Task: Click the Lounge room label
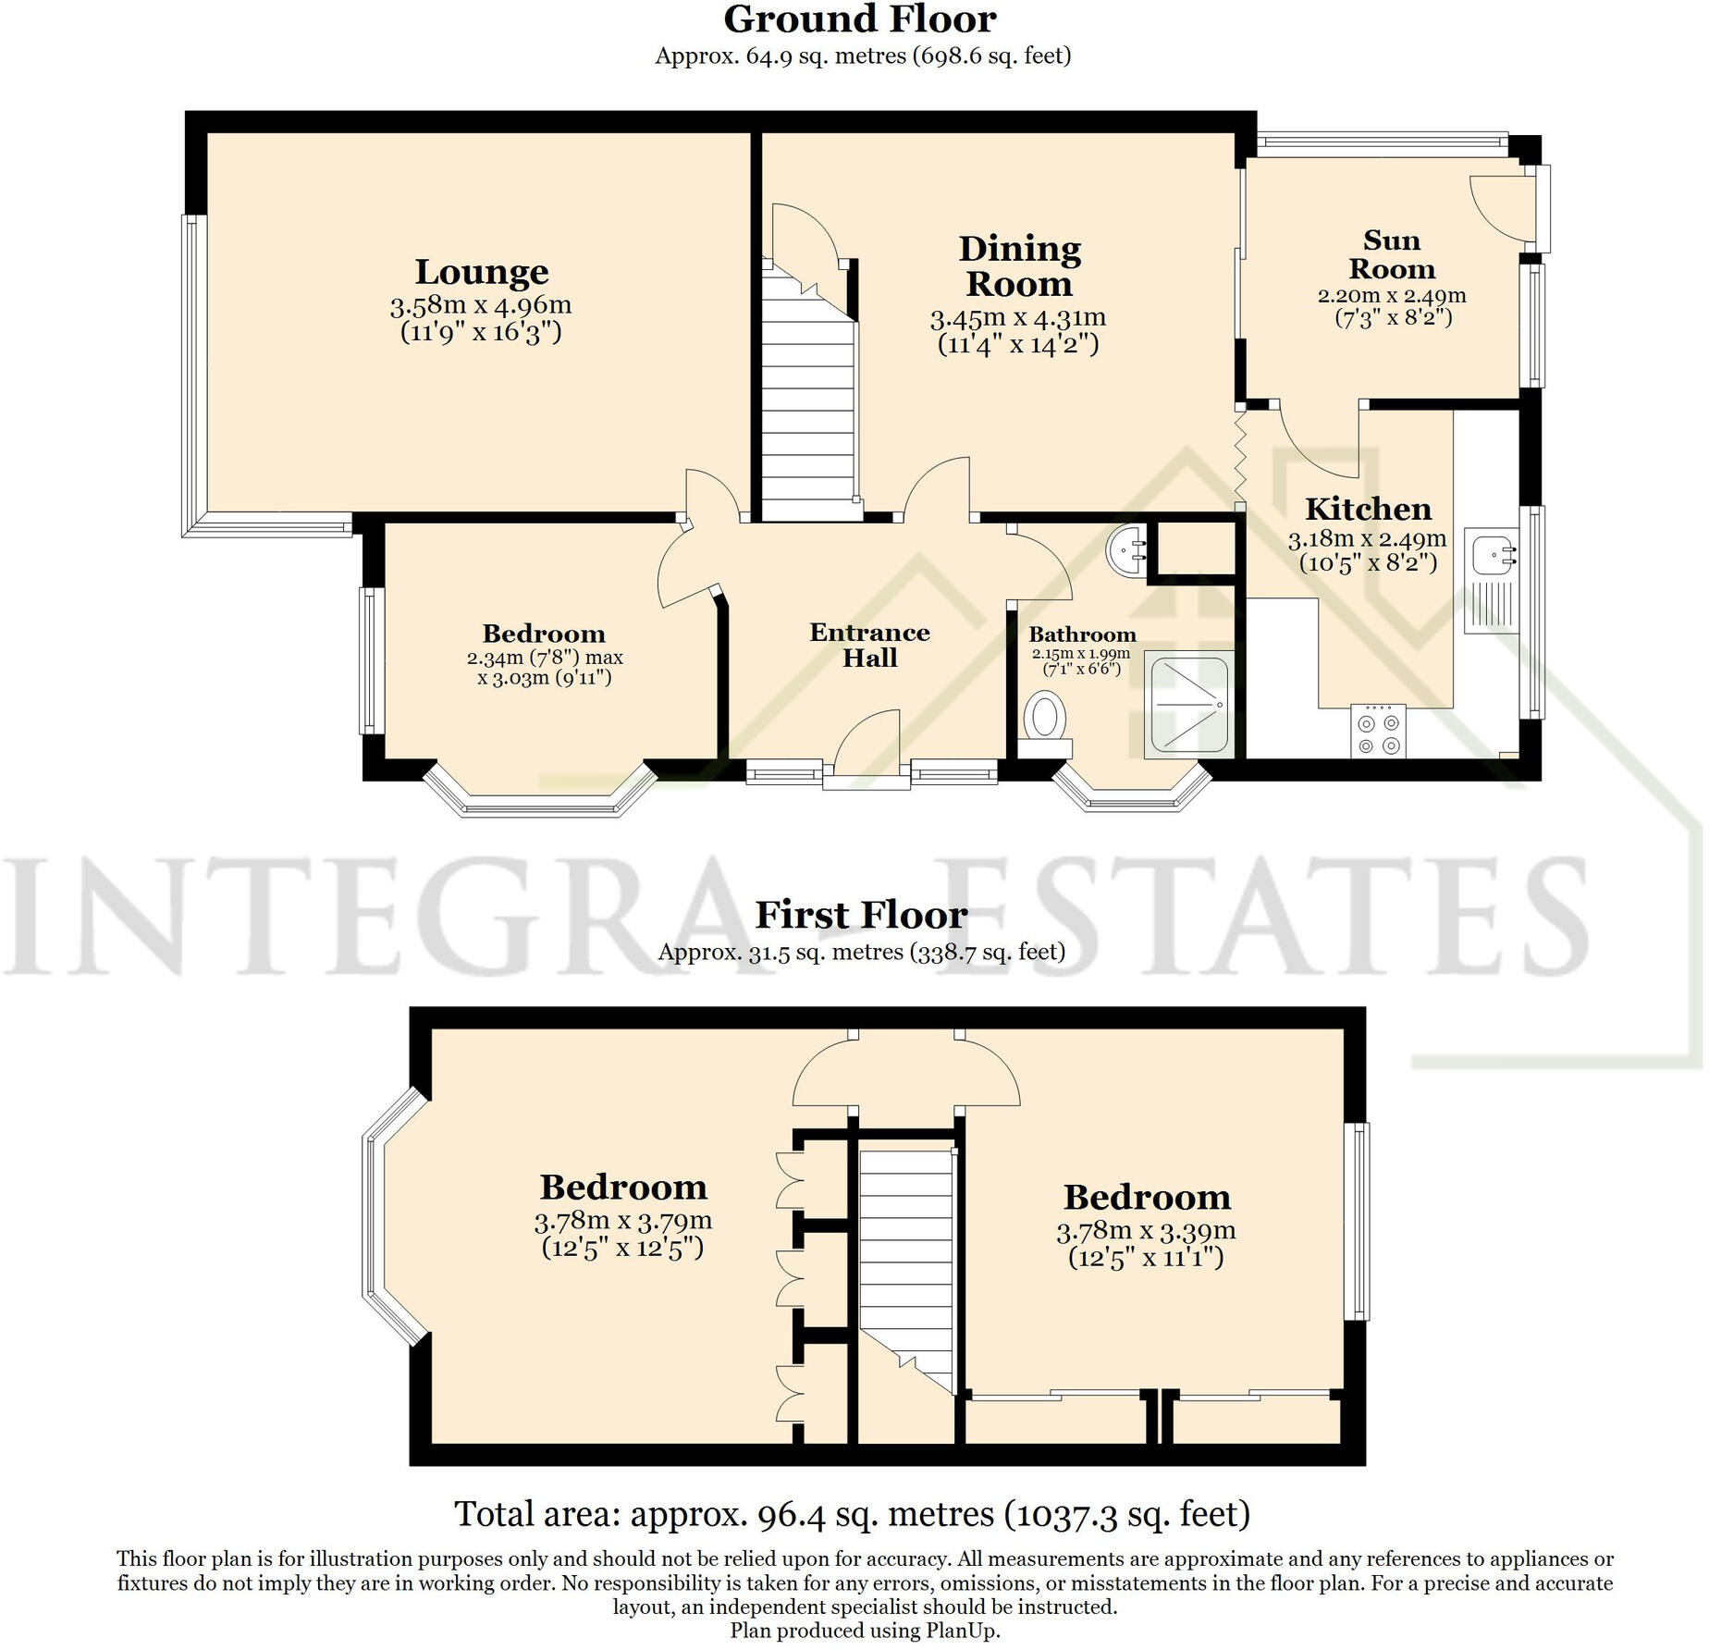coord(481,272)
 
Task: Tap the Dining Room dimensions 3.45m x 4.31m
coord(1017,318)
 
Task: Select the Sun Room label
coord(1391,254)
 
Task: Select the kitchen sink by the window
coord(1491,554)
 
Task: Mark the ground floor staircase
coord(809,407)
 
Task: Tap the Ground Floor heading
coord(859,19)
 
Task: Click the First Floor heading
coord(861,915)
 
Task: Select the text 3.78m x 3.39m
coord(1146,1231)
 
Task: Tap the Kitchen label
coord(1368,509)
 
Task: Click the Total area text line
coord(852,1514)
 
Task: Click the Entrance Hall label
coord(869,645)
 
